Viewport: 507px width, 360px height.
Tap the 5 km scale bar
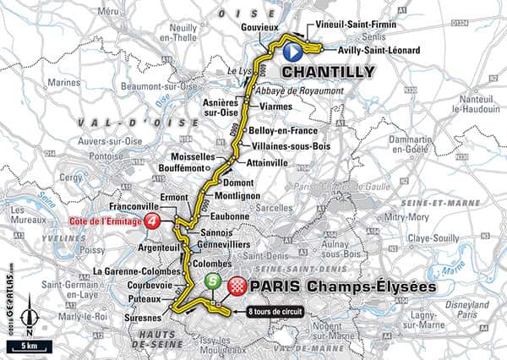click(x=29, y=346)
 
